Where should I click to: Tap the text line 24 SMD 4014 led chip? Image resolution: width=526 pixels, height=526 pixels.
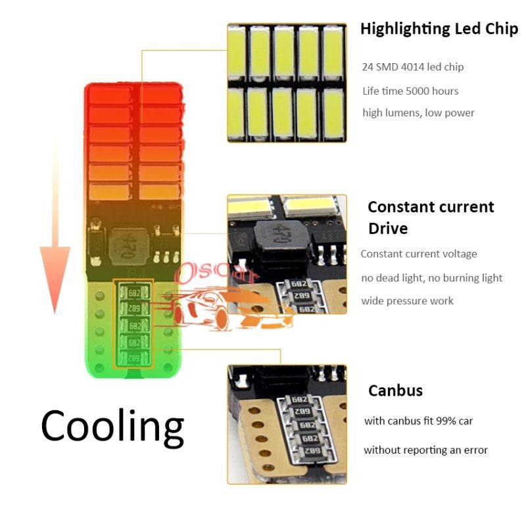(x=412, y=67)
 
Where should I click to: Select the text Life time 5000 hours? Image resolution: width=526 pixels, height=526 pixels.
(x=410, y=91)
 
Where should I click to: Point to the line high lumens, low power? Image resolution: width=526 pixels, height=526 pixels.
(x=418, y=112)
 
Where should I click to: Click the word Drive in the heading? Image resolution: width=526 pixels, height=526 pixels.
(x=388, y=229)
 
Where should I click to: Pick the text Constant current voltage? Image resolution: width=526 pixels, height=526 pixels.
(x=419, y=254)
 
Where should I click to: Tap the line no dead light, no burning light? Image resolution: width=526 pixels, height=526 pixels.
(x=431, y=277)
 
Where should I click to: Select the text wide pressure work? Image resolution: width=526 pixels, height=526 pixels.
(x=407, y=300)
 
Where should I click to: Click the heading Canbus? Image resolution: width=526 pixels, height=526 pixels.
(x=395, y=391)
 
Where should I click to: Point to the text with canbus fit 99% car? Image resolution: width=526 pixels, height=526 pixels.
(x=418, y=421)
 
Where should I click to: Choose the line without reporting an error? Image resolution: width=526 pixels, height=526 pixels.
(x=425, y=450)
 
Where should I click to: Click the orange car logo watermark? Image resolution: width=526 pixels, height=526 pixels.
(x=224, y=309)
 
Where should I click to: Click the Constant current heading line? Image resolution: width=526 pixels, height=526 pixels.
(x=431, y=207)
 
